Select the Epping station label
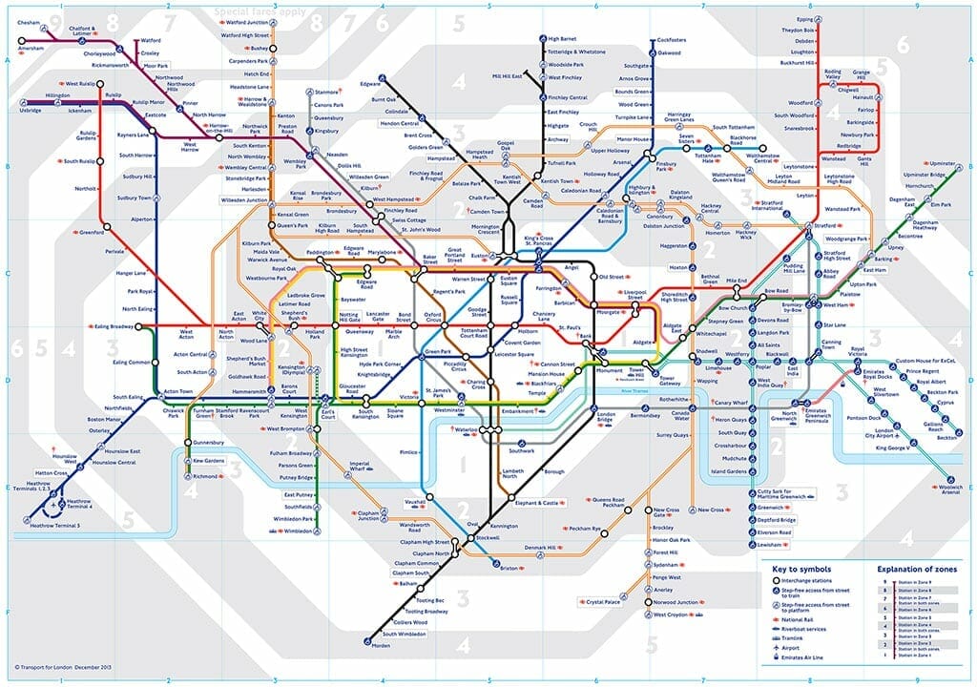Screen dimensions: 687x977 coord(805,18)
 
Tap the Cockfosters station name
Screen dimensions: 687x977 coord(672,40)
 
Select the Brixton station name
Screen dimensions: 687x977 coord(509,568)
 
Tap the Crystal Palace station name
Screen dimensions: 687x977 coord(603,602)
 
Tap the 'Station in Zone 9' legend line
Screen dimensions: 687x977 coord(910,582)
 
